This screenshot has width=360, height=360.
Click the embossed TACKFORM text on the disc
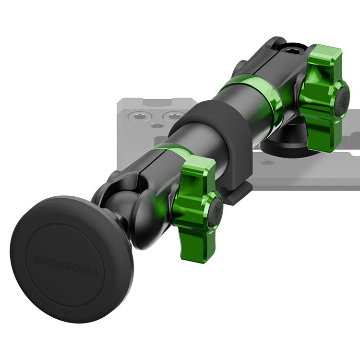[65, 265]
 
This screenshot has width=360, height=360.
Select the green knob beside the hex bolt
[323, 98]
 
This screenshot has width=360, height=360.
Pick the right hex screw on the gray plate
[174, 117]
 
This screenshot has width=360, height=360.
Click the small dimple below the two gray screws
[157, 126]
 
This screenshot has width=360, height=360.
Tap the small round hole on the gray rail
[268, 163]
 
